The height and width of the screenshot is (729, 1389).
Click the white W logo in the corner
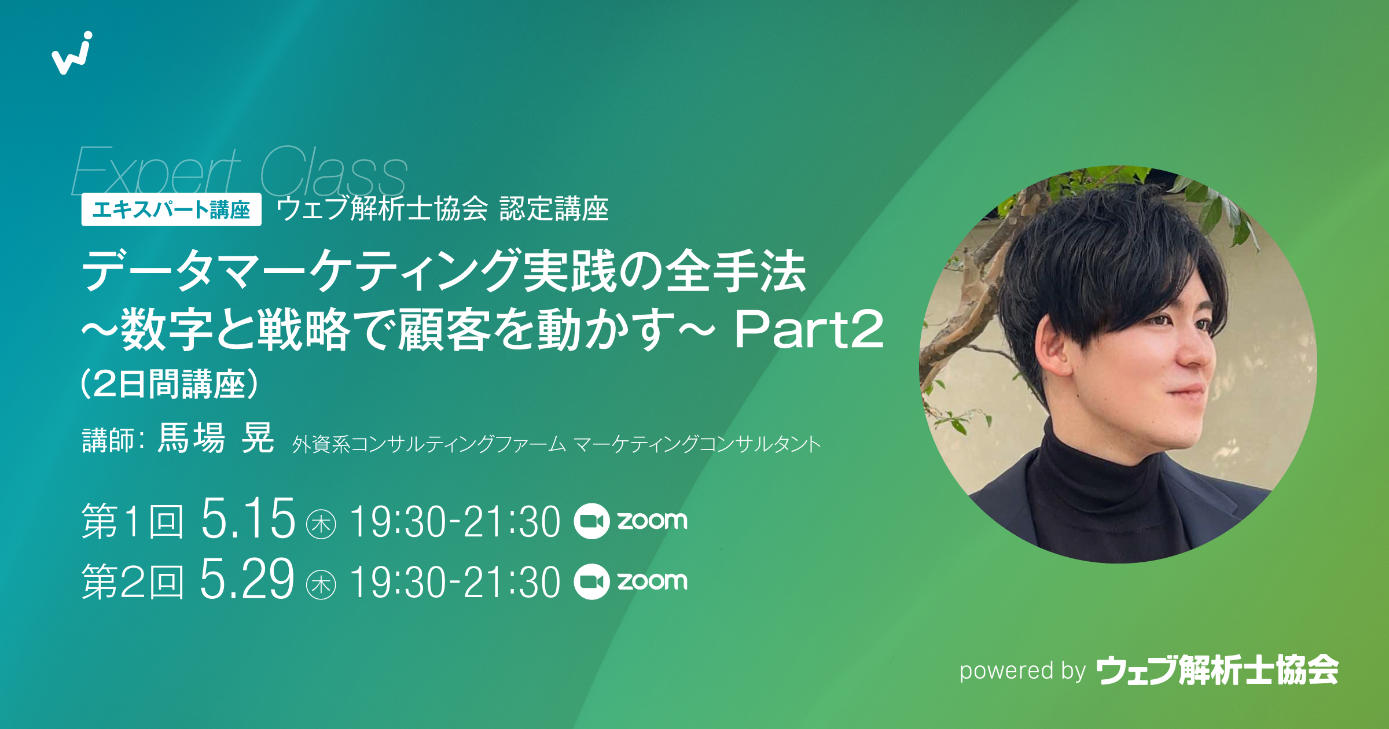pos(72,53)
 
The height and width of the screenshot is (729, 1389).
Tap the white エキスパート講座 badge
pos(171,209)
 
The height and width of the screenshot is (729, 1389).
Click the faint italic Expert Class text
pos(240,172)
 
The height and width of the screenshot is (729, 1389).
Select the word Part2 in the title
pos(809,330)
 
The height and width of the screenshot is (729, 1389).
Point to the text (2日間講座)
pos(169,384)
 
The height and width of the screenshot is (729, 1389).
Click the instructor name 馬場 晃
pos(216,438)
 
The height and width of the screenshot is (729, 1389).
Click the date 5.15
pos(248,519)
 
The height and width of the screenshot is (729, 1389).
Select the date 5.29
pos(247,580)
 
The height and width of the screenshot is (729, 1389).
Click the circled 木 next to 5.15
pos(321,524)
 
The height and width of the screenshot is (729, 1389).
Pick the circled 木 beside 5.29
pos(321,584)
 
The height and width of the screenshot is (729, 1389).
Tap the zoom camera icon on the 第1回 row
pos(591,521)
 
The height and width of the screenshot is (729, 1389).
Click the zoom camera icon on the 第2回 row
pos(591,581)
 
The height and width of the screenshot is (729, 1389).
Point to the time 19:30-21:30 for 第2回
pos(455,582)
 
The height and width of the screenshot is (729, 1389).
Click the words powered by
pos(1022,671)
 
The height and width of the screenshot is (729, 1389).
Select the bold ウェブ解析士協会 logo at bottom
pos(1218,671)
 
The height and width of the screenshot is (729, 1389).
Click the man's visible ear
pos(1054,347)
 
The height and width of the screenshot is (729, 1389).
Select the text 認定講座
pos(554,209)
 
